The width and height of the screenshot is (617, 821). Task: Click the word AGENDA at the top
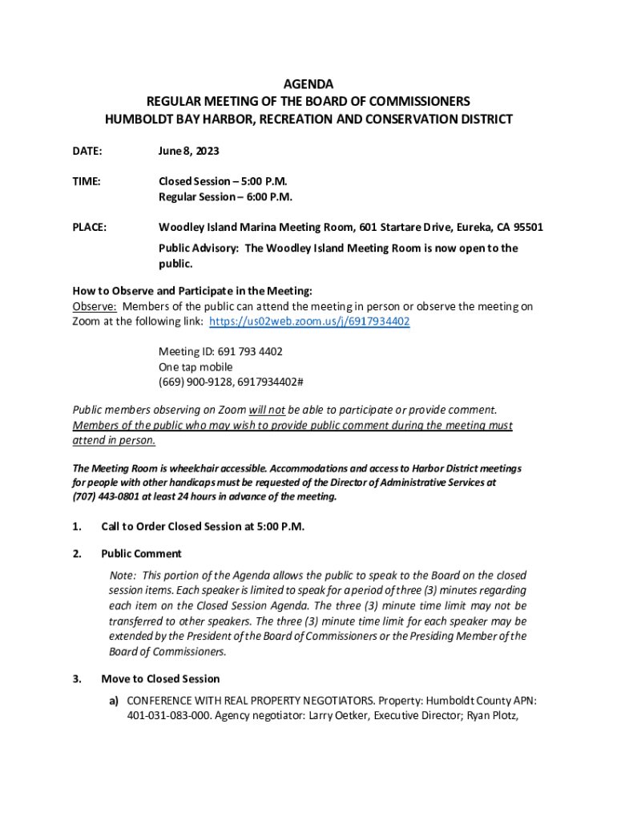[x=308, y=84]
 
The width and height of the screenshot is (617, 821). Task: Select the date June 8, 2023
[x=189, y=151]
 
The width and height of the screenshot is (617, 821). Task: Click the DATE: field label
[x=87, y=151]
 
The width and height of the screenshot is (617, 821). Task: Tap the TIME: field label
[x=87, y=181]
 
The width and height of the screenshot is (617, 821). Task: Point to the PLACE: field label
[x=90, y=228]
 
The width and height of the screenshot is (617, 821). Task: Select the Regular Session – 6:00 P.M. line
[x=225, y=196]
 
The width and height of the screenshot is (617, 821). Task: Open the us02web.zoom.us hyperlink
[x=309, y=322]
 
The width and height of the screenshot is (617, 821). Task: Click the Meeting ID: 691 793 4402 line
[x=220, y=352]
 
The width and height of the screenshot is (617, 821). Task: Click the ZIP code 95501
[x=526, y=228]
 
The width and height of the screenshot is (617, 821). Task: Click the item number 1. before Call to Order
[x=77, y=527]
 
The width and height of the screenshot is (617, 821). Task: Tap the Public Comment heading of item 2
[x=141, y=553]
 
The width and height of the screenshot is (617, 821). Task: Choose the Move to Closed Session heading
[x=160, y=679]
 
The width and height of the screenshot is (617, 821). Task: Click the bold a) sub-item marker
[x=115, y=700]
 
